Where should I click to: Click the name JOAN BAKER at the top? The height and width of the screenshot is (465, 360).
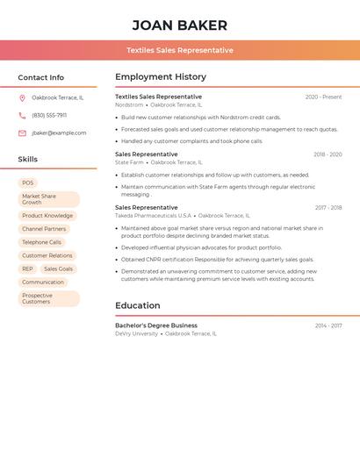tap(179, 25)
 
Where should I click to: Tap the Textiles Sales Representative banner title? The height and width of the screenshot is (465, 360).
tap(179, 50)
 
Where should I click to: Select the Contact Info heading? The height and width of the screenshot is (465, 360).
tap(40, 77)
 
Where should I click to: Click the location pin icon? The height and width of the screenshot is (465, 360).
tap(22, 97)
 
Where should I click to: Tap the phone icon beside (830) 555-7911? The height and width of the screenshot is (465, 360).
tap(22, 115)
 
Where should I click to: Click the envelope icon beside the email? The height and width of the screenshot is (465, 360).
tap(22, 133)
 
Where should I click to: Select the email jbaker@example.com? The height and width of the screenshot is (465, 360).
tap(59, 133)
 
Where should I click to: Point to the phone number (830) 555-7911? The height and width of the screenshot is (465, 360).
tap(49, 115)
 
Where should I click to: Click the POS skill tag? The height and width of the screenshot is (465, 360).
tap(28, 183)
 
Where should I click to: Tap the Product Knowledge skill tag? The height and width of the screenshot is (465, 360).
tap(47, 216)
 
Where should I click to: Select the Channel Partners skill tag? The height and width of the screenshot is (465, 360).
tap(44, 229)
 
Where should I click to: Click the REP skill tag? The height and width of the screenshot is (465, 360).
tap(28, 269)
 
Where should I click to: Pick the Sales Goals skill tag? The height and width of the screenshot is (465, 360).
tap(58, 269)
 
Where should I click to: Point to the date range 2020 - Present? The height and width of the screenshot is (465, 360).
tap(323, 97)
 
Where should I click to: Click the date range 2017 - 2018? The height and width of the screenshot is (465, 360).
tap(328, 208)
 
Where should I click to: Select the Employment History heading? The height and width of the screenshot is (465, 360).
tap(161, 77)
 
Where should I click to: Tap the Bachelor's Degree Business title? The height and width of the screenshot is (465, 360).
tap(156, 325)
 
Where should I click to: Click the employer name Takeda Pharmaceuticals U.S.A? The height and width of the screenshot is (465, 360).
tap(153, 215)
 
